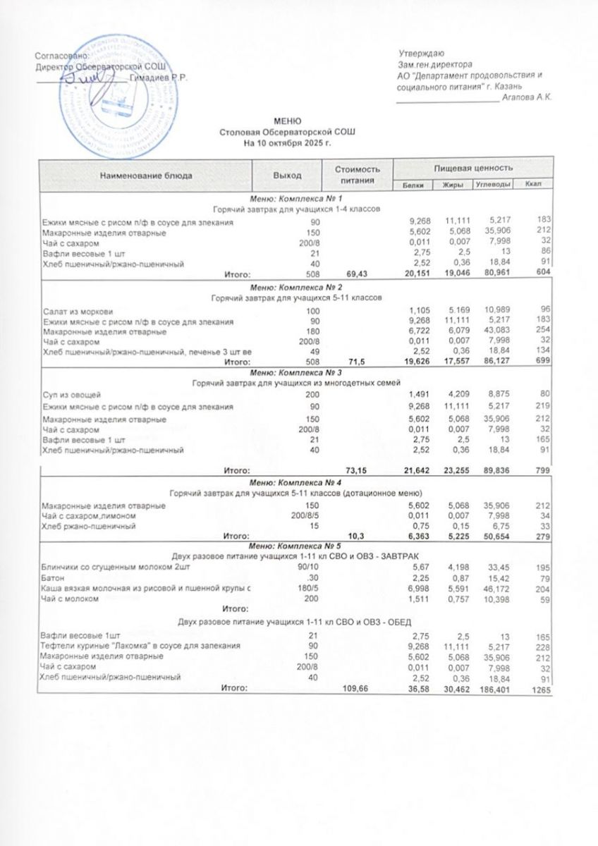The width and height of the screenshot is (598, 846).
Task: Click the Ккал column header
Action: coord(533,185)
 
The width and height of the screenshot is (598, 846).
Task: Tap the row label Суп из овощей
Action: coord(74,395)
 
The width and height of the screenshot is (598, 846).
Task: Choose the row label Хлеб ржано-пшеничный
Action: coord(88,526)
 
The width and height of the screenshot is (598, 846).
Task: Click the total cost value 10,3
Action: coord(361,536)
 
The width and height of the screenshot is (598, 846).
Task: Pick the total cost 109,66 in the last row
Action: coord(356,687)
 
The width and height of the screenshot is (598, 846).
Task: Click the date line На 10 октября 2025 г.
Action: coord(287,142)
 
